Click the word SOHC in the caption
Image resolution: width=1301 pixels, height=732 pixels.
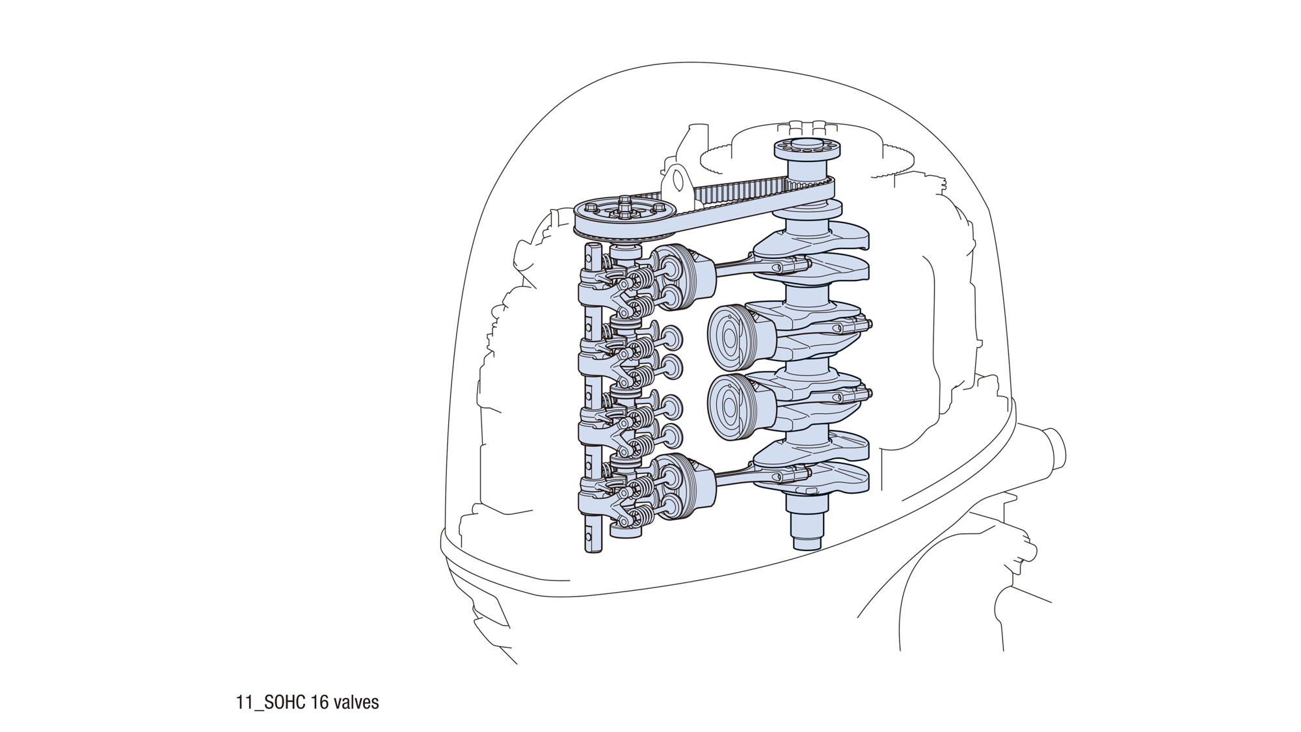[283, 703]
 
